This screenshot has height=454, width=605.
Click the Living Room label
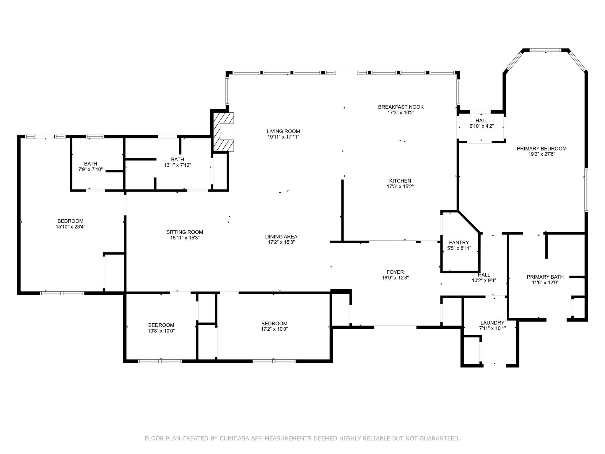click(x=283, y=131)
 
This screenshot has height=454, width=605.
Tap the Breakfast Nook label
click(x=401, y=107)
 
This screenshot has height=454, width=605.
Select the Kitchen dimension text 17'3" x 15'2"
click(x=400, y=187)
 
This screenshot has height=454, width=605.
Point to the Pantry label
click(x=459, y=243)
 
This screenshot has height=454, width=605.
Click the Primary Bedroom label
click(x=541, y=149)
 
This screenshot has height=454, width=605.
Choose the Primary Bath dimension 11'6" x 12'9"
click(x=545, y=283)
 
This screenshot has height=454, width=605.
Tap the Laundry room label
click(x=492, y=323)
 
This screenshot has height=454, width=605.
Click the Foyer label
click(x=395, y=272)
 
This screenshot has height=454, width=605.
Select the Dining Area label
click(x=281, y=236)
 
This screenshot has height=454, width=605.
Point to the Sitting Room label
click(x=185, y=232)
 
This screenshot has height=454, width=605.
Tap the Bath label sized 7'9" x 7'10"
click(x=90, y=164)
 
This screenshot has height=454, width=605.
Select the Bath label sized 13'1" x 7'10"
click(x=177, y=160)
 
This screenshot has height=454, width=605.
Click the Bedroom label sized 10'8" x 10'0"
click(x=161, y=325)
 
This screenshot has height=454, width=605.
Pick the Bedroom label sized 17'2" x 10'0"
click(x=274, y=324)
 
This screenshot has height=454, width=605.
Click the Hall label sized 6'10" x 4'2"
click(x=482, y=121)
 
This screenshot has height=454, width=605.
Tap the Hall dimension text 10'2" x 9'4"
click(x=484, y=280)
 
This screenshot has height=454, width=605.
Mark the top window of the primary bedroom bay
click(x=545, y=50)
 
